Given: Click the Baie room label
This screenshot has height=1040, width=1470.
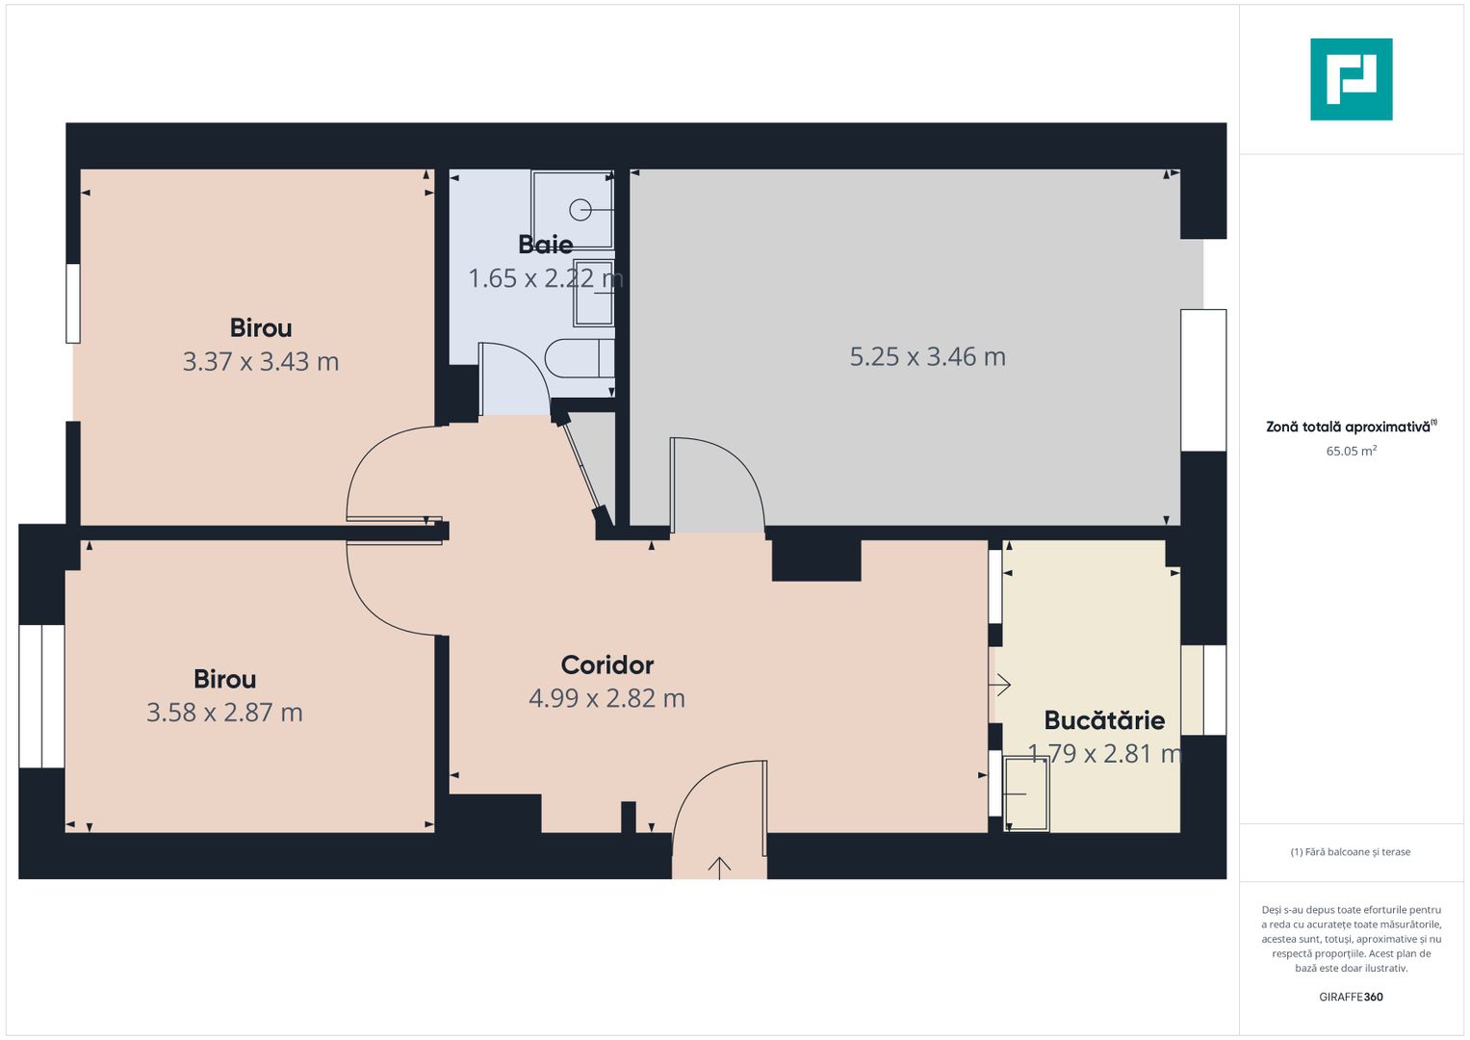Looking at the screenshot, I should [x=545, y=245].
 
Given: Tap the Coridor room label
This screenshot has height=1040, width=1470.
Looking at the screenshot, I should [x=606, y=665].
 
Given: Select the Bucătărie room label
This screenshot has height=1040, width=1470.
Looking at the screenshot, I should [x=1104, y=720].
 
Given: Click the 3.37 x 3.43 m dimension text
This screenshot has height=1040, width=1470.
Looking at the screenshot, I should [x=261, y=362].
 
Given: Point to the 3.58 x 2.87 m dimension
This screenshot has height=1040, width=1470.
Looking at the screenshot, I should [x=224, y=713].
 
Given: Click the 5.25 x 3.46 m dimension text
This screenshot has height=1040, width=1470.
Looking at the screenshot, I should [x=927, y=357].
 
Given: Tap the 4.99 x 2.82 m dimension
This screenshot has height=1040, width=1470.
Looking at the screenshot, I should [x=606, y=698].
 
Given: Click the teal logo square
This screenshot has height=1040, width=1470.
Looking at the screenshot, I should [x=1351, y=79].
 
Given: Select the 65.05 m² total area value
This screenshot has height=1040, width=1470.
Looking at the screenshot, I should [x=1351, y=451].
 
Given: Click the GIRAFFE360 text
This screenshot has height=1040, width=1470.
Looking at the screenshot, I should [x=1351, y=997].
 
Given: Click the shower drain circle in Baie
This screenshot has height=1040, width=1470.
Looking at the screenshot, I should [x=580, y=209].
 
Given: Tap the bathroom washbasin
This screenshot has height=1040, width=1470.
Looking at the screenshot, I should [x=593, y=292].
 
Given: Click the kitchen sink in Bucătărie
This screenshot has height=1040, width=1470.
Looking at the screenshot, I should [x=1026, y=793].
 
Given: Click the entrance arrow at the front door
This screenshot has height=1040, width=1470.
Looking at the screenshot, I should [x=719, y=866].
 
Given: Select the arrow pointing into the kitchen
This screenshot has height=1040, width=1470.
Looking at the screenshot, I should [x=1000, y=685].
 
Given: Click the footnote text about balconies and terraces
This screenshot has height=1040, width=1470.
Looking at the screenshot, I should [x=1350, y=852].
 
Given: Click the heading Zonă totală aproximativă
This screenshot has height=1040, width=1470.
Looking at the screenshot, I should [x=1350, y=427].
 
